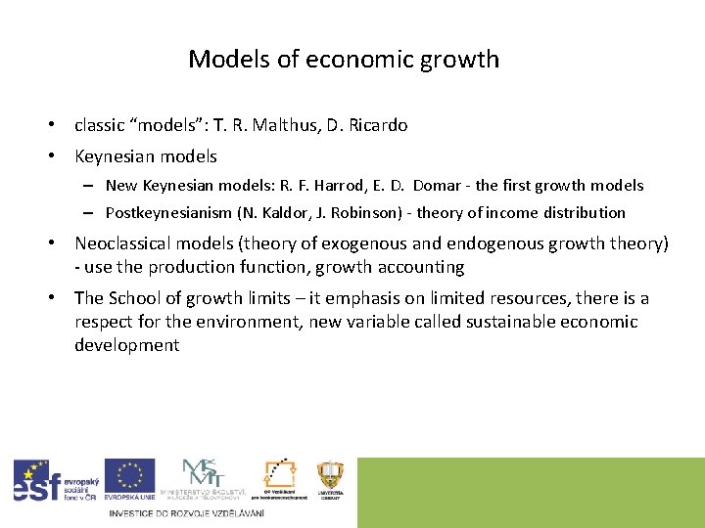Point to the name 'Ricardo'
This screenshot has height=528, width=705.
(377, 125)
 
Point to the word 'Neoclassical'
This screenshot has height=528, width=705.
(127, 243)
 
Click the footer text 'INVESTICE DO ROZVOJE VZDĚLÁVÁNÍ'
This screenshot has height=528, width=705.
(187, 513)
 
